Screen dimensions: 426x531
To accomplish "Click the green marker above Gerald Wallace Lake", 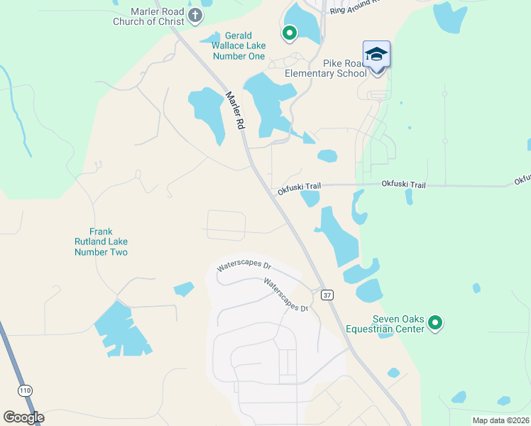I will point(290,32).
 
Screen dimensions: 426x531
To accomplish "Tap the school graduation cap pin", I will point(376,55).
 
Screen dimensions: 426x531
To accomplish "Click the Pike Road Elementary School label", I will point(326,68).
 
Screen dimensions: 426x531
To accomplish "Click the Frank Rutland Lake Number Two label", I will point(100,241).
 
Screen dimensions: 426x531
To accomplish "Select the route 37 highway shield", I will point(326,294).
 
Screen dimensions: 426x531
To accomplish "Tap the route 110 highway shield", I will point(26,390).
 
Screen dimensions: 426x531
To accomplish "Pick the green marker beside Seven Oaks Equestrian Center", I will point(435,324).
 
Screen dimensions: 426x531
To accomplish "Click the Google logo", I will point(23,417).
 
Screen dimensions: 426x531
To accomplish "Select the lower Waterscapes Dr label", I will point(286,295).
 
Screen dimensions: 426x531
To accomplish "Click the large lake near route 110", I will point(120,329).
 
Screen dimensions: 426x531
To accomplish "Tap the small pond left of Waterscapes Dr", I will point(184,289).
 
